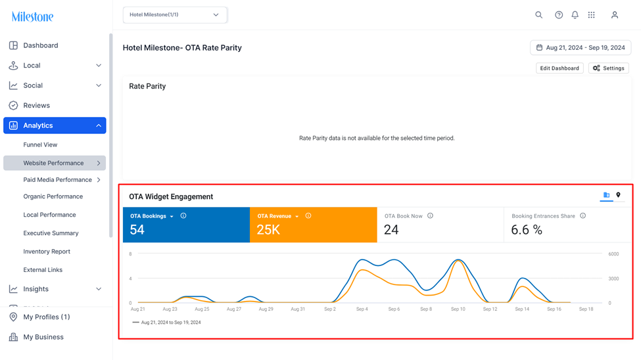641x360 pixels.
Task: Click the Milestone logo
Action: click(x=32, y=17)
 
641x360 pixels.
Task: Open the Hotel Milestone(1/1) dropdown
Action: click(x=175, y=14)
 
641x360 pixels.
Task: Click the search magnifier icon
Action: click(x=539, y=15)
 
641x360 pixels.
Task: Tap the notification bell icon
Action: click(x=575, y=15)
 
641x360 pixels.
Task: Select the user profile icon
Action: click(x=615, y=15)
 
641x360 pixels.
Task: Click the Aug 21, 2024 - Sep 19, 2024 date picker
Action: click(x=581, y=48)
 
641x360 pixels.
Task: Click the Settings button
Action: click(x=609, y=68)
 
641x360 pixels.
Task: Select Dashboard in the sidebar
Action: click(x=41, y=45)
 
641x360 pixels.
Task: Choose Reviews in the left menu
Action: click(x=36, y=105)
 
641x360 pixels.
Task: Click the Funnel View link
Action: click(x=40, y=145)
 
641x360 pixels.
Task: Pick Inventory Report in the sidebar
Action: click(x=47, y=252)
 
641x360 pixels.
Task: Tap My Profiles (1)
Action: click(x=46, y=317)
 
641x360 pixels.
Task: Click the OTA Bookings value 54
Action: click(x=137, y=230)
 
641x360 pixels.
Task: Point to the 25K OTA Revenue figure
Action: click(x=268, y=230)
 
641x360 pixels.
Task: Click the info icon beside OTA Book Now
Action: click(x=430, y=215)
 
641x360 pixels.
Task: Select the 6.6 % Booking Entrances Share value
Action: click(x=527, y=230)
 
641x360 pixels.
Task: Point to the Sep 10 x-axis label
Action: click(x=458, y=309)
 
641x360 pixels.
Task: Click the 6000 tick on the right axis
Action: click(x=613, y=254)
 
